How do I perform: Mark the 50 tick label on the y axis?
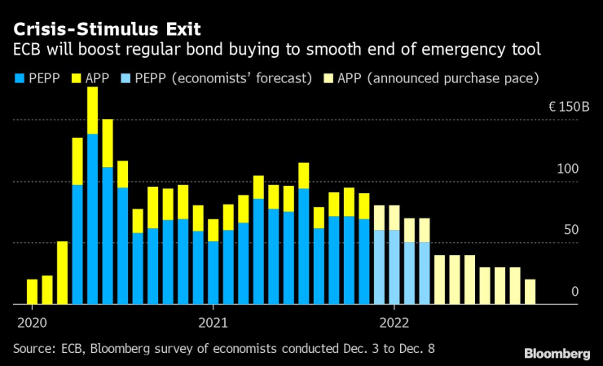click(570, 230)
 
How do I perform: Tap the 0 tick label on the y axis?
click(574, 291)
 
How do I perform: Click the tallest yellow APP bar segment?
click(92, 110)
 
